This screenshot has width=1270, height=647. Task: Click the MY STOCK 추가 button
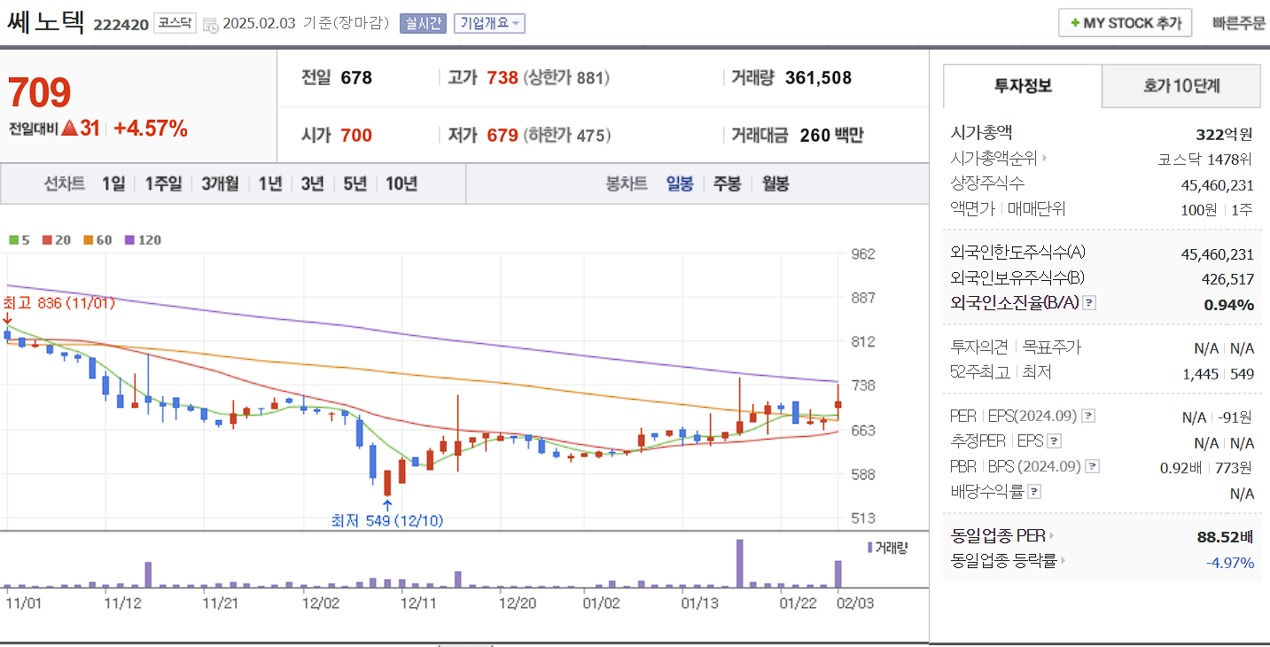point(1125,23)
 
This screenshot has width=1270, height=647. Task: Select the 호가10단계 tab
point(1180,86)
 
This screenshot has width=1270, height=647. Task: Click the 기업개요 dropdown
point(489,23)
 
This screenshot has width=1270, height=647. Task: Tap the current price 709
point(40,92)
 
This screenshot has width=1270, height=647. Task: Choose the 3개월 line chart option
point(220,183)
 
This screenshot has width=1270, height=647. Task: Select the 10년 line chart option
point(401,183)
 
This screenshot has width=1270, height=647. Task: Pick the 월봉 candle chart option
point(775,183)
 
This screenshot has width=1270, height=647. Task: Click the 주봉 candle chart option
point(727,183)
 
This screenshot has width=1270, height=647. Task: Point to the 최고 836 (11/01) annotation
point(59,303)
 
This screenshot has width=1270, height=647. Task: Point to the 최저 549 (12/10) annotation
point(386,520)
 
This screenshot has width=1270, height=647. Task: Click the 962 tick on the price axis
point(862,254)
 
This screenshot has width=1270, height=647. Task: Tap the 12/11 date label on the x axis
point(418,603)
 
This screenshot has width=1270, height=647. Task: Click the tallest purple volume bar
point(739,563)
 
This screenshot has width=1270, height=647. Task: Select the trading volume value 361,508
point(818,78)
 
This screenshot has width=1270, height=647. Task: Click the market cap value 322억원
point(1224,135)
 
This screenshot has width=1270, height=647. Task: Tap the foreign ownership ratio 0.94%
point(1228,304)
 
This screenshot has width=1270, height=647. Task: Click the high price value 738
point(503,78)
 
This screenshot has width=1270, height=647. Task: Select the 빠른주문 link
point(1239,23)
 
